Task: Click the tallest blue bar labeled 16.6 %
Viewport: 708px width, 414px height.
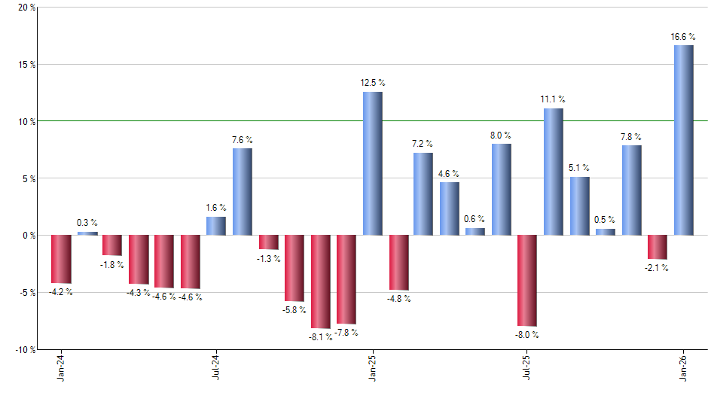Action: [683, 140]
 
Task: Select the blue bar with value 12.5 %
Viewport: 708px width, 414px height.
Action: [372, 163]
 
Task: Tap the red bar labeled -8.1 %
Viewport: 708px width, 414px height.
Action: [320, 282]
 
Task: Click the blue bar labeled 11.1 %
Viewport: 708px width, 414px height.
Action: [553, 172]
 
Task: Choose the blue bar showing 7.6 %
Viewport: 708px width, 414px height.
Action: [242, 191]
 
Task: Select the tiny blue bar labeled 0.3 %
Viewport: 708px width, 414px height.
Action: [87, 233]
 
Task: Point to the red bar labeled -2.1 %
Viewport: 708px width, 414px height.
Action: [657, 247]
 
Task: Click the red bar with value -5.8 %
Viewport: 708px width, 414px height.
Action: [294, 268]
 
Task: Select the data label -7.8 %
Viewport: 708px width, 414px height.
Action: [346, 333]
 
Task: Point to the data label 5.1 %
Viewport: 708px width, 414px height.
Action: [579, 169]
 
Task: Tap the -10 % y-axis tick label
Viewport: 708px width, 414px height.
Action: [24, 349]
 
